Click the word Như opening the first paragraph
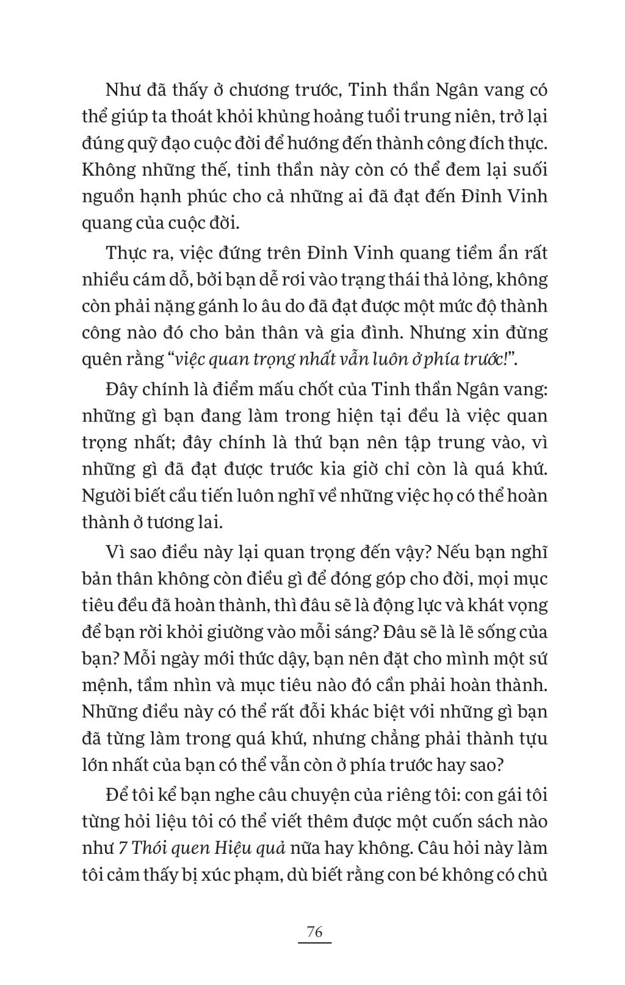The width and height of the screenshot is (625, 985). pos(122,90)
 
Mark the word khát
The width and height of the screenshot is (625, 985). pos(461,605)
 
